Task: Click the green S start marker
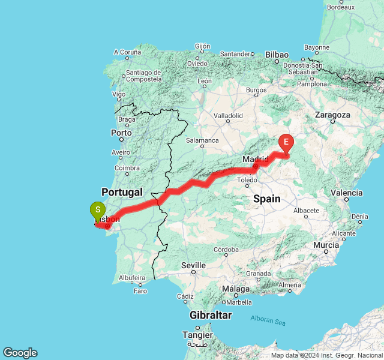pos(97,211)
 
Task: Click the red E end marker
pos(286,143)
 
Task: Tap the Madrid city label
pos(256,159)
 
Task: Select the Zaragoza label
pos(332,115)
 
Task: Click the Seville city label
pos(193,265)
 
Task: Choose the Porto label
pos(121,133)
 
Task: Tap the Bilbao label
pos(277,54)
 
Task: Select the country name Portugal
pos(122,192)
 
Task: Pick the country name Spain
pos(267,199)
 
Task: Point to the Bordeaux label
pos(341,7)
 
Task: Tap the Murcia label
pos(326,245)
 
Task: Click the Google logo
pos(20,353)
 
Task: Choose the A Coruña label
pos(127,52)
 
